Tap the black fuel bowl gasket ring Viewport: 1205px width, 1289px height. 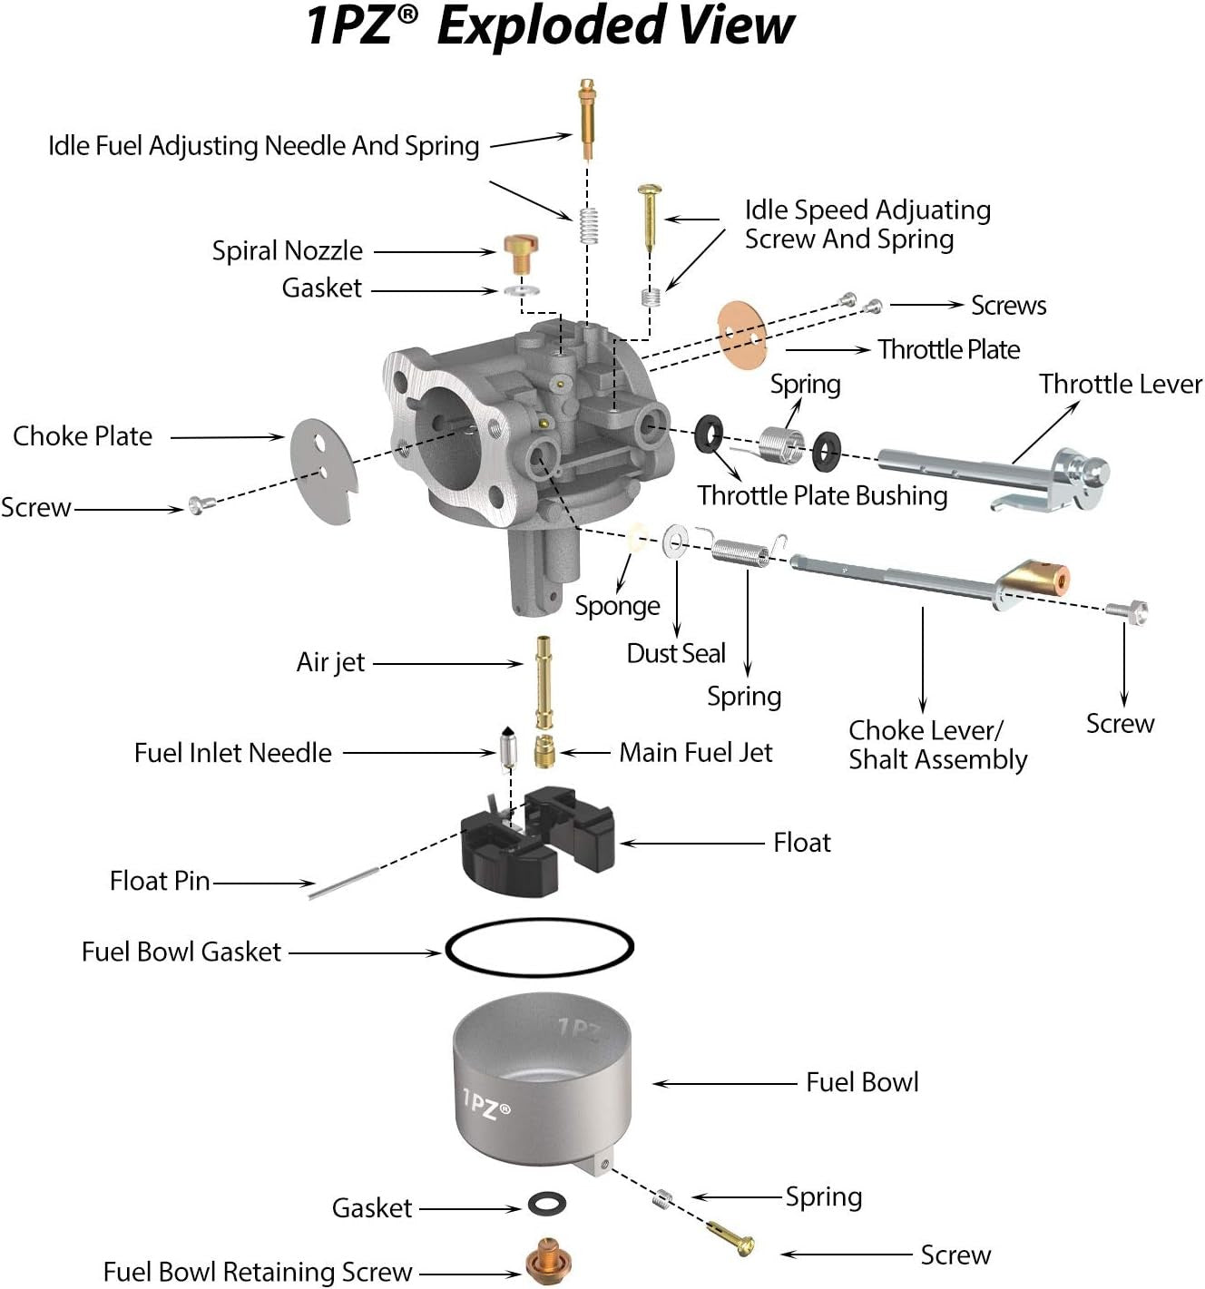coord(539,948)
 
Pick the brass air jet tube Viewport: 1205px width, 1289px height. coord(544,681)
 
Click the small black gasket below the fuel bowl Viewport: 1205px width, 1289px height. coord(547,1205)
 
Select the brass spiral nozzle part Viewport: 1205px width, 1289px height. coord(521,253)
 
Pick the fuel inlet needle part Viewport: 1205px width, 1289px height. coord(507,747)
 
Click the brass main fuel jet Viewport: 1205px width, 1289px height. coord(544,752)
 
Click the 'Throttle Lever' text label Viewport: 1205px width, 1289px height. coord(1120,384)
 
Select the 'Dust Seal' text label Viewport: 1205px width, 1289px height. coord(676,653)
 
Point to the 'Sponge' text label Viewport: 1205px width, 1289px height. coord(617,605)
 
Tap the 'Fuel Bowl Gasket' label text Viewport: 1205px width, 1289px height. coord(181,952)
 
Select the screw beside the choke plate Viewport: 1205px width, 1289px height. coord(196,504)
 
